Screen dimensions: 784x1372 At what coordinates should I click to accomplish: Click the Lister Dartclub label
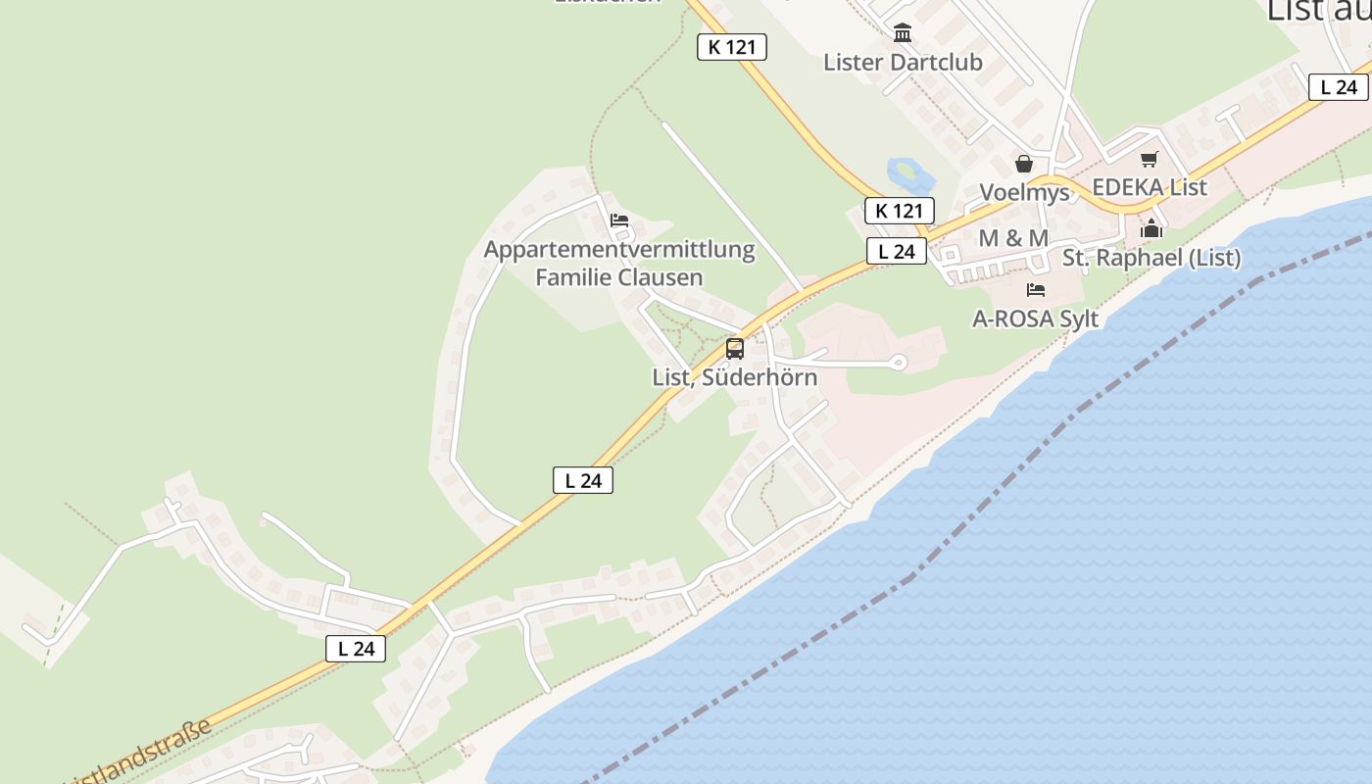point(903,62)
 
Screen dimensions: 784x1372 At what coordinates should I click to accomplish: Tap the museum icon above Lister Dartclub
point(903,33)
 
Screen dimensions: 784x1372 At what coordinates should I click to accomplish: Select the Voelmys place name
point(1025,192)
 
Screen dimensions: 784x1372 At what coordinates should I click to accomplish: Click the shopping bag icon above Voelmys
point(1024,164)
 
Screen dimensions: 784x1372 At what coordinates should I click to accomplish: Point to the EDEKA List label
point(1150,186)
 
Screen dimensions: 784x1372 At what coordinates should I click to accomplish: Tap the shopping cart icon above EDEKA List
point(1149,159)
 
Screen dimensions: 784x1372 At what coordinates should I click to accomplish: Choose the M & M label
point(1013,238)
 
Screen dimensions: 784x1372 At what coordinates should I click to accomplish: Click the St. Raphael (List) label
point(1151,258)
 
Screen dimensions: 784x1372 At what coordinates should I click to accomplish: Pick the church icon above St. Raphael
point(1151,230)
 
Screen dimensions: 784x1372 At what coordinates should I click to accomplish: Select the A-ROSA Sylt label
point(1035,318)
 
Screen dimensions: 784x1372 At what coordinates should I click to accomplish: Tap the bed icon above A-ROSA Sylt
point(1035,290)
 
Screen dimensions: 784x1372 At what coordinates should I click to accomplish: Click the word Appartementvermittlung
point(619,249)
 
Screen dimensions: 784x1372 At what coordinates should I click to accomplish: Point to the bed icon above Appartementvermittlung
point(619,220)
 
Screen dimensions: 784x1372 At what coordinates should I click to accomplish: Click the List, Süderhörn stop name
point(734,377)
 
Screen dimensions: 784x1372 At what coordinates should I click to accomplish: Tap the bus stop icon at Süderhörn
point(734,348)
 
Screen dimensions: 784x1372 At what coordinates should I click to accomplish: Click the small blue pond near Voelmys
point(908,174)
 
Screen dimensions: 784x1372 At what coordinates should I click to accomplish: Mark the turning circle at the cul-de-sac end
point(899,364)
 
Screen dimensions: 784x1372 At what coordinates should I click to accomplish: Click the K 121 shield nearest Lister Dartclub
point(731,47)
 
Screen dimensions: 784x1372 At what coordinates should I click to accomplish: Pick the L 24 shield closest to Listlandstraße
point(356,648)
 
